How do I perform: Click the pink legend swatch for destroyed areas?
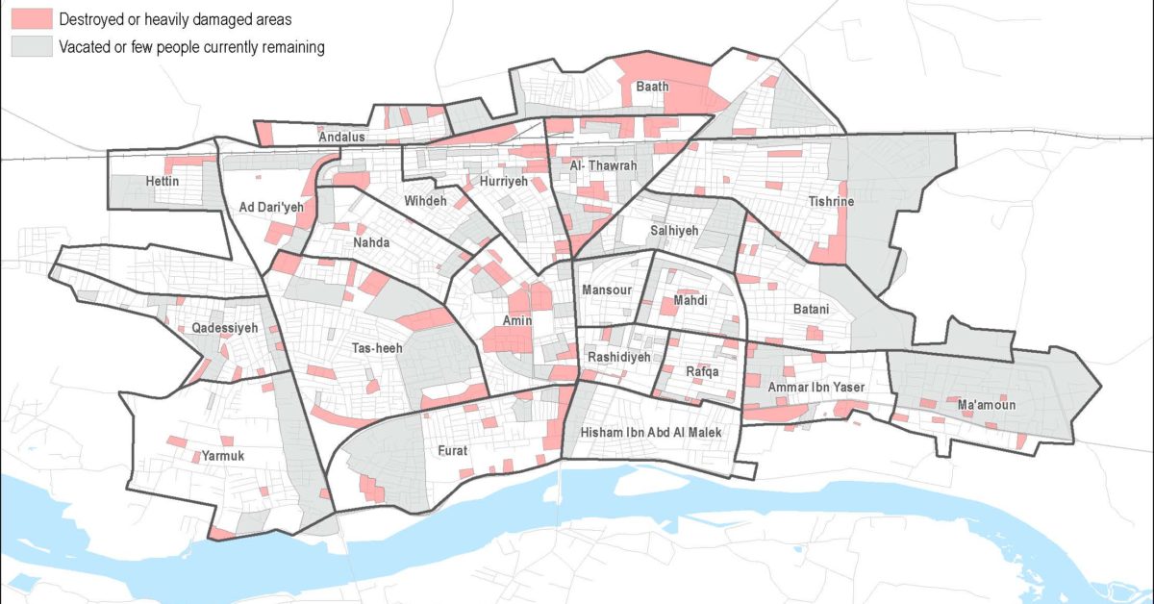point(30,19)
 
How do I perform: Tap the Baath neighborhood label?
point(652,88)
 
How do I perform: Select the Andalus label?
point(341,138)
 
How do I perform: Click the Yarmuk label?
point(224,455)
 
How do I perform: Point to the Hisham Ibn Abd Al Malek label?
point(649,434)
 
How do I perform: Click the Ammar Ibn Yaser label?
point(816,388)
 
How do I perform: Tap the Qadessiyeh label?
point(225,328)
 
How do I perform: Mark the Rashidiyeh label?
point(618,357)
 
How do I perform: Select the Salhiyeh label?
point(673,231)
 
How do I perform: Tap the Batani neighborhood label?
point(815,310)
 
